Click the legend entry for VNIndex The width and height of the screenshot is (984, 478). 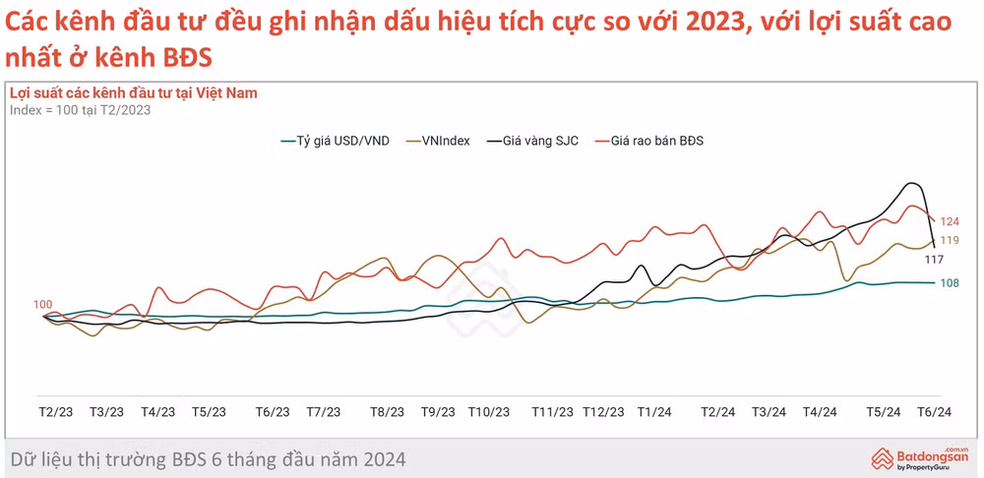coord(438,142)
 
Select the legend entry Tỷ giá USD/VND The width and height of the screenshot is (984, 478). coord(335,142)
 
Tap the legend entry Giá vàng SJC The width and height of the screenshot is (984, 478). coord(531,142)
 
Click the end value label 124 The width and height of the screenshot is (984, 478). coord(952,221)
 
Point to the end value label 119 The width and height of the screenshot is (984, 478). coord(950,240)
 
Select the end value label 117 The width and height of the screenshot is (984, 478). coord(935,259)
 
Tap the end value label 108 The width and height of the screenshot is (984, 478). coord(950,283)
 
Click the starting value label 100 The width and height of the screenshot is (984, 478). coord(42,305)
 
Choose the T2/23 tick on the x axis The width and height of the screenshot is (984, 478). coord(55,412)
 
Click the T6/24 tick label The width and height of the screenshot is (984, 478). coord(935,412)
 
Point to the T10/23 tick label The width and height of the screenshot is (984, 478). coord(489,412)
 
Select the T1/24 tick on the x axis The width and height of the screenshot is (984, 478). coord(655,412)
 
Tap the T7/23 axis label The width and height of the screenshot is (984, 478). coord(323,412)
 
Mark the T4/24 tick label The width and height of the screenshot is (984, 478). coord(820,412)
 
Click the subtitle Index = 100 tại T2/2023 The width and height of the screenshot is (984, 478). coord(81,110)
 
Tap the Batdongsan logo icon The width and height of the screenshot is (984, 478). coord(883,458)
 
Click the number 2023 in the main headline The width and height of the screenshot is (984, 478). coord(712,24)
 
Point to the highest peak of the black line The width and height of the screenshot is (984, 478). coord(911,183)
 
